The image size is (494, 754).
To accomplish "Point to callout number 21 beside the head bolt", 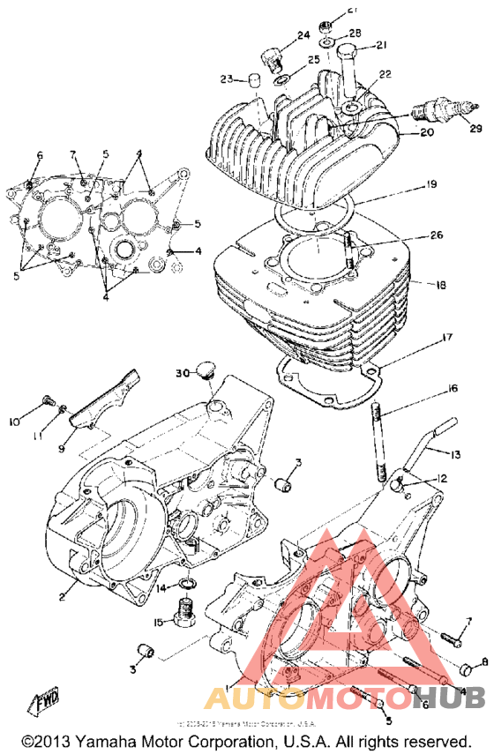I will tap(381, 46).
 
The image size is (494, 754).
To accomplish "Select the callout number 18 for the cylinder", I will tap(430, 285).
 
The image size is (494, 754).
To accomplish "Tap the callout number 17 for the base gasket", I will tap(447, 337).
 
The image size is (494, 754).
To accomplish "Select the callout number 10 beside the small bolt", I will tap(14, 422).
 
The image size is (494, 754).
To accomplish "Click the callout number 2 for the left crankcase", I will tap(62, 597).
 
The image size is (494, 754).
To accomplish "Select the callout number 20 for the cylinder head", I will tap(427, 132).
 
